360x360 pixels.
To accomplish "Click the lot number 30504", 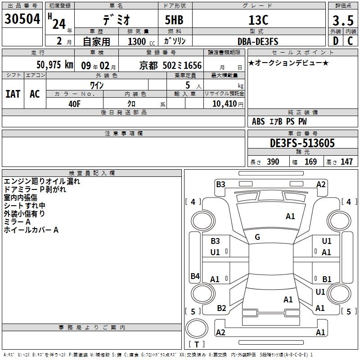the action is point(22,19).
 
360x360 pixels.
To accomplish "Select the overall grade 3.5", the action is point(343,21).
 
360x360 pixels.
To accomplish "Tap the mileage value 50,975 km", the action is point(55,65).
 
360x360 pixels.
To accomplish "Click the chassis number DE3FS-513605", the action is point(302,143).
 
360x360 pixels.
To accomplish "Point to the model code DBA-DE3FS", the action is point(258,41).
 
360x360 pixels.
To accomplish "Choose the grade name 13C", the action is point(258,20).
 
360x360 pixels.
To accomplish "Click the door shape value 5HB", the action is point(174,20).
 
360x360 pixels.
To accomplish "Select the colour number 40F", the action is point(74,104).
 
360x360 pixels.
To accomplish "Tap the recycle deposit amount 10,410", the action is point(225,104).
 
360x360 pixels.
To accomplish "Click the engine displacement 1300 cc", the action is point(141,42).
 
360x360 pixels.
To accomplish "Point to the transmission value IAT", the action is point(13,94).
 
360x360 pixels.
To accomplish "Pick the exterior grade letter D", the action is point(336,41).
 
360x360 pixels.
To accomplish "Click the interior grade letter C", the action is point(350,41).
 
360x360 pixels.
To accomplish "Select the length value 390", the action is point(273,162).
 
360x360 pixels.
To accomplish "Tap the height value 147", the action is point(346,162).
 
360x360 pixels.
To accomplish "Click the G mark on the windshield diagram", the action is point(257,237).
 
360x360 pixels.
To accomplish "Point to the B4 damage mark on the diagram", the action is point(195,276).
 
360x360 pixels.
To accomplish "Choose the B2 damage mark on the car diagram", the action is point(221,308).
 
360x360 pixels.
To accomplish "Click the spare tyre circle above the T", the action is point(197,328).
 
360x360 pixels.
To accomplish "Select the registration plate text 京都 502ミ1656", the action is point(171,66).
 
